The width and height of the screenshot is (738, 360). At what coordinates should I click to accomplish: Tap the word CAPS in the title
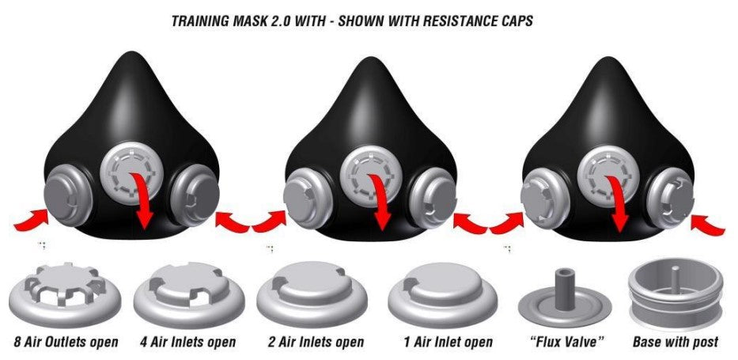515,21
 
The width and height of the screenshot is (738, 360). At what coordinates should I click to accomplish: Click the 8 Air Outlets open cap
65,294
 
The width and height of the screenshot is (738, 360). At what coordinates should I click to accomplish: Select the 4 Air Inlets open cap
189,294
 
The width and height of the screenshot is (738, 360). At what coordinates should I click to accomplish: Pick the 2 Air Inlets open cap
312,294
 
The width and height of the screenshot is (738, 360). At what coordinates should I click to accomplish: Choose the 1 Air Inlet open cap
442,294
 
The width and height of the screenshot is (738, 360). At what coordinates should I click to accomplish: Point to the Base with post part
676,294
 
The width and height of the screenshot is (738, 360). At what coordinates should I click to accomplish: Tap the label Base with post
676,342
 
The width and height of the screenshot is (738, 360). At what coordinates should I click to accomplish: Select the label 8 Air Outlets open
66,342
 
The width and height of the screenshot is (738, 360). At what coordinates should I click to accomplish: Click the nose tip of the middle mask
372,59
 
